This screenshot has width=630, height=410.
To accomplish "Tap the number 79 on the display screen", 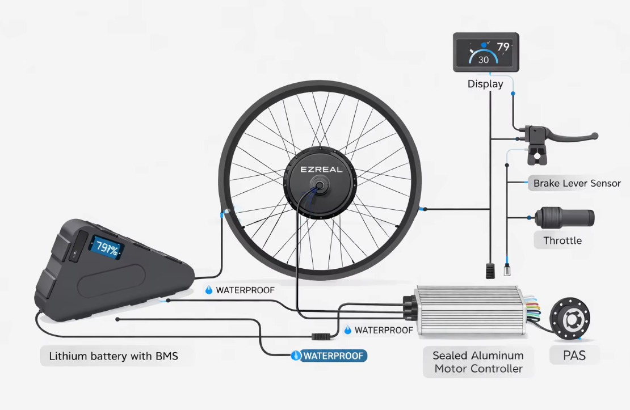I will [x=503, y=47].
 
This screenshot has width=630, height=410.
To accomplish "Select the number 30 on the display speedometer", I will [x=483, y=59].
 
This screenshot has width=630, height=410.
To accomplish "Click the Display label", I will [x=485, y=84].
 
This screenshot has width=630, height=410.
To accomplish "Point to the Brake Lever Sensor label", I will [x=577, y=183].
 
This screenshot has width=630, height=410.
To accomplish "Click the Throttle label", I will [x=562, y=240].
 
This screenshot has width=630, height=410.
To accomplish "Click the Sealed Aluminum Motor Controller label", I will [x=478, y=362].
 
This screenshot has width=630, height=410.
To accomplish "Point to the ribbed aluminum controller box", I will [x=470, y=311].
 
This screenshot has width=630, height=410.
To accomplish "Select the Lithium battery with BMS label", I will [x=114, y=357].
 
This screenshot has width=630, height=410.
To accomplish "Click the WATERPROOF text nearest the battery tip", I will [x=245, y=290].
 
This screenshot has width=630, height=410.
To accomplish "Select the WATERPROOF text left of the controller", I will [x=383, y=330].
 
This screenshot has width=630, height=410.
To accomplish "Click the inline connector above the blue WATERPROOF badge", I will [x=322, y=336].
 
